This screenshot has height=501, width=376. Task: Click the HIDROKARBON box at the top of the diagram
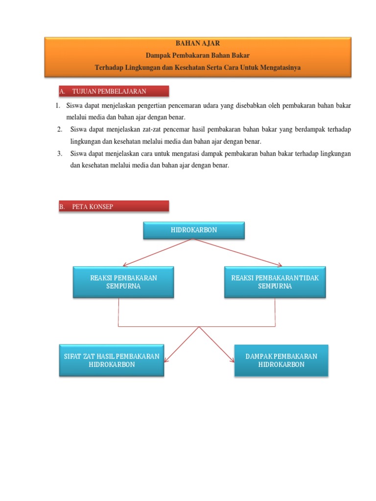(x=193, y=230)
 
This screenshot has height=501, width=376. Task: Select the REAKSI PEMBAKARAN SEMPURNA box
(x=123, y=282)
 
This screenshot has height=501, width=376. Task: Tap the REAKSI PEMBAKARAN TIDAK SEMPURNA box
(x=275, y=282)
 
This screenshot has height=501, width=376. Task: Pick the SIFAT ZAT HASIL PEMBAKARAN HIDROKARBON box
(x=112, y=360)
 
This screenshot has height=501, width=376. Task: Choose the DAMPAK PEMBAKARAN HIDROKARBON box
(x=281, y=360)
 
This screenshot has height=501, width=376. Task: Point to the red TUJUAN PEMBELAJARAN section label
(x=113, y=91)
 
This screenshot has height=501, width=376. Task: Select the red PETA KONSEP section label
(x=113, y=206)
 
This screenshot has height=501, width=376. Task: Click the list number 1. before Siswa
(x=57, y=106)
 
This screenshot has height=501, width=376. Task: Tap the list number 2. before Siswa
(x=59, y=129)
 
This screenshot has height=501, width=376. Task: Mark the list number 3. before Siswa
(x=59, y=154)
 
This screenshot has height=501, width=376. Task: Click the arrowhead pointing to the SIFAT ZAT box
(x=166, y=360)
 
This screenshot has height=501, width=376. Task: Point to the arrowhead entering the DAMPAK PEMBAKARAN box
(x=232, y=361)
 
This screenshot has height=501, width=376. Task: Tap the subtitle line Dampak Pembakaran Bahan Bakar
(x=197, y=56)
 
